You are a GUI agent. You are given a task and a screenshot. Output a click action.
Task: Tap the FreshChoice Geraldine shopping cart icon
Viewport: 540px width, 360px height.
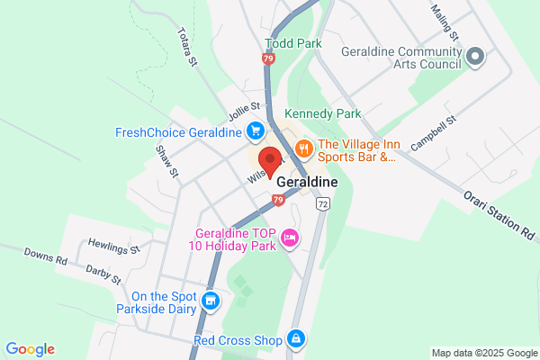point(255,132)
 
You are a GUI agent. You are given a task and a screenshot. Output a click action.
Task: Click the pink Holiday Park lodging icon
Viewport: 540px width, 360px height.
point(290,238)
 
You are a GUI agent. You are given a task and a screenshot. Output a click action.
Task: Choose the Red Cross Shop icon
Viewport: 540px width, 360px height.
point(295,339)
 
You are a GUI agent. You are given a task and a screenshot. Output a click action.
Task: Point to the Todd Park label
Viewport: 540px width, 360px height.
point(293,43)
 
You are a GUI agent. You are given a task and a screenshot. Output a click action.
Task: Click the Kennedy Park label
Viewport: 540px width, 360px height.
point(322,114)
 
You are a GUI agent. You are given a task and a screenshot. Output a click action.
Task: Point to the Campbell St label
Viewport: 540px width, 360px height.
point(435,132)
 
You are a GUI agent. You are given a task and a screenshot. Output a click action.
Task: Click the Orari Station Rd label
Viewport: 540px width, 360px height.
point(499,214)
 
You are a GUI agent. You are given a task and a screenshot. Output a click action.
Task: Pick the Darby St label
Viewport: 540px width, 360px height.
point(103,274)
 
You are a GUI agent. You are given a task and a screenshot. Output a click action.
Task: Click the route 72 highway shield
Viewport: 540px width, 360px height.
point(321,205)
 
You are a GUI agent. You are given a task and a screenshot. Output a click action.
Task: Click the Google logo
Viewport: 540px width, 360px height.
point(30,349)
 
